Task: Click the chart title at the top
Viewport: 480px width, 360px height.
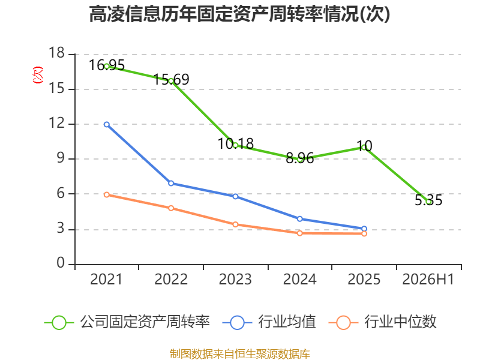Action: click(x=239, y=14)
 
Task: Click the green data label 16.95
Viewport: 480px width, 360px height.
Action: click(x=107, y=65)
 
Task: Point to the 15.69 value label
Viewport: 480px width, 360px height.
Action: click(x=171, y=80)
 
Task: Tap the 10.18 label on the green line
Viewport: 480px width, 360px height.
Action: click(x=235, y=144)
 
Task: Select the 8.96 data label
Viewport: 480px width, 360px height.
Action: click(x=299, y=158)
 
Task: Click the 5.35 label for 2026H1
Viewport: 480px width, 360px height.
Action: click(x=428, y=200)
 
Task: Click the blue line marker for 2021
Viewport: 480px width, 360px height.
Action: click(x=107, y=125)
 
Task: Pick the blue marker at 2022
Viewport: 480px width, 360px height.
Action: click(x=171, y=184)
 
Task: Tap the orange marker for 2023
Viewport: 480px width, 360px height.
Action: click(x=235, y=224)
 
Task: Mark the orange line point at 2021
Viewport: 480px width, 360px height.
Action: click(x=107, y=194)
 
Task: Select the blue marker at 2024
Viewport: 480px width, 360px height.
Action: click(x=299, y=219)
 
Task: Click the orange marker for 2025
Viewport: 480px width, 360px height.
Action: click(x=364, y=233)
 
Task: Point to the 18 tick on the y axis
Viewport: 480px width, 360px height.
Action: click(x=56, y=53)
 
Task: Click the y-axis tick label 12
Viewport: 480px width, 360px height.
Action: click(x=56, y=123)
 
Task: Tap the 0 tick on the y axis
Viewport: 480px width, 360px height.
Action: click(x=61, y=263)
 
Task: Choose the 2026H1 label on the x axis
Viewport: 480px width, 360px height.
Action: click(x=428, y=279)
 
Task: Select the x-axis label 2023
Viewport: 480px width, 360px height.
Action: click(x=235, y=279)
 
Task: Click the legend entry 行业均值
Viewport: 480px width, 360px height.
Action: click(x=269, y=322)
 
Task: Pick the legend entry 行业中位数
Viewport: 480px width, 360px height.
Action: click(x=382, y=322)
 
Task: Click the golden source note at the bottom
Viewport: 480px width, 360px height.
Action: click(x=240, y=354)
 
